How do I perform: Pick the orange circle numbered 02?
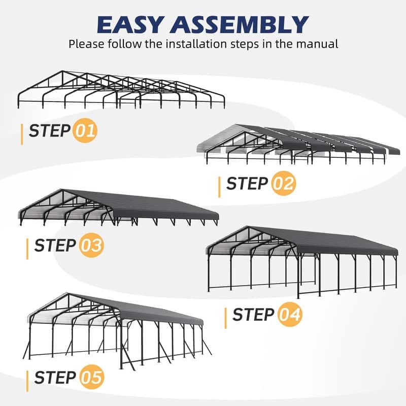282,183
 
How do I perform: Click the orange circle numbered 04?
290,315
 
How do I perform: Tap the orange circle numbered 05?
91,378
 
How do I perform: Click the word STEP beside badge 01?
49,131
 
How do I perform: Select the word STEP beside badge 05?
55,378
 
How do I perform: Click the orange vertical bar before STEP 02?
219,184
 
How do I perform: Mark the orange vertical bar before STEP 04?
225,316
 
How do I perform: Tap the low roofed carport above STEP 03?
119,208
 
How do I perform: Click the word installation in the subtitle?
200,44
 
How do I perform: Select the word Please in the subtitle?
85,44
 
